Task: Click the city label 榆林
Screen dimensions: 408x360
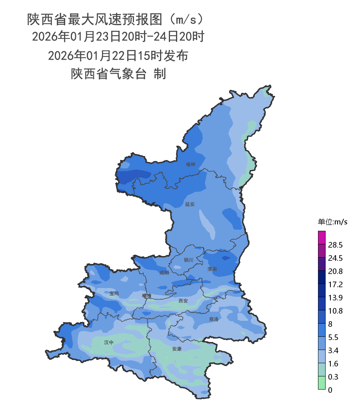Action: pos(191,164)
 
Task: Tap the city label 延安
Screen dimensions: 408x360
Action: pos(190,204)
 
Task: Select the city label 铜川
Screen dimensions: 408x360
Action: pos(188,260)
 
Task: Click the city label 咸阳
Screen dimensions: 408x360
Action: pos(164,273)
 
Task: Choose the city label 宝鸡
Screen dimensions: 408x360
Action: pos(114,293)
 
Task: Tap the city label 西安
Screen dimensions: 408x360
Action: pos(183,300)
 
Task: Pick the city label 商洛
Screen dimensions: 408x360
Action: pos(214,319)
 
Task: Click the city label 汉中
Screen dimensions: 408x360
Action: pos(109,342)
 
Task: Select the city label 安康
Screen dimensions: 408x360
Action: pos(177,349)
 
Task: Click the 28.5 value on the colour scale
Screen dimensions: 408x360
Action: pos(335,245)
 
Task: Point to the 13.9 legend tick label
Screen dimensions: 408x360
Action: pos(335,298)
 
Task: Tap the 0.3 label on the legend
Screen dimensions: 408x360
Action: pos(333,377)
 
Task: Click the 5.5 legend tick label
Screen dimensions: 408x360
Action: pos(333,337)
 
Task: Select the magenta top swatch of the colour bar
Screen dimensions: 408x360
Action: pos(322,238)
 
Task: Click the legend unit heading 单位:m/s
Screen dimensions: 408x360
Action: pos(333,222)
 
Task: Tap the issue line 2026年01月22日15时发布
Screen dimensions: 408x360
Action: pos(118,56)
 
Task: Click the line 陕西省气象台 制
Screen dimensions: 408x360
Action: pos(118,74)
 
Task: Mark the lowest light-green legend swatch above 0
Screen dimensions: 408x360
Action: pos(322,383)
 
